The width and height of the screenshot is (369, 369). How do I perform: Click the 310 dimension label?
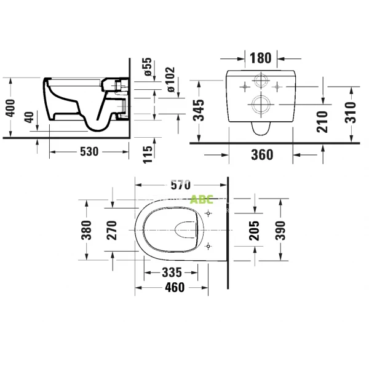(x=351, y=114)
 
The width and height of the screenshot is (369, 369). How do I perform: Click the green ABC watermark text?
(x=202, y=199)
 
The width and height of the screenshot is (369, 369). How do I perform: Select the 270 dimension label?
(x=111, y=230)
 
